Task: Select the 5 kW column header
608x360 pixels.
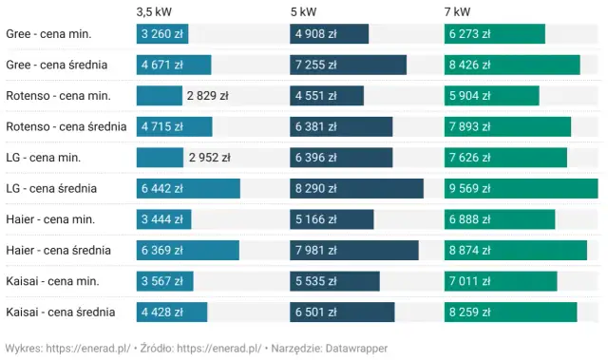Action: click(304, 11)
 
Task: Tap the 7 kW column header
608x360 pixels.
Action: click(457, 11)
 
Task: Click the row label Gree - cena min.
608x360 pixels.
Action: click(48, 34)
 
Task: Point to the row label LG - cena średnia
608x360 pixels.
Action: click(51, 189)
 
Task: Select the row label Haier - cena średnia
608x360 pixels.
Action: click(58, 251)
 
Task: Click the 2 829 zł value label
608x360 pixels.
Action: click(208, 96)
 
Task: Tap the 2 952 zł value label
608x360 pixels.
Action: click(210, 158)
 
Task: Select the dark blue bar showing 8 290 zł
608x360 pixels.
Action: click(356, 189)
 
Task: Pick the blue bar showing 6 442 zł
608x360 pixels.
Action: click(188, 189)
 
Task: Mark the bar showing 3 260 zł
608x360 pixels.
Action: click(162, 34)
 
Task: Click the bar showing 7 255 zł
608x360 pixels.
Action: click(348, 66)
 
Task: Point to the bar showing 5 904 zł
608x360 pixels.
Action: click(491, 96)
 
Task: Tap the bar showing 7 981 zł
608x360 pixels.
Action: click(353, 251)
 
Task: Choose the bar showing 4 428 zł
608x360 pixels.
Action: click(172, 313)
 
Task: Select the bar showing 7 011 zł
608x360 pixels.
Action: click(500, 281)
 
